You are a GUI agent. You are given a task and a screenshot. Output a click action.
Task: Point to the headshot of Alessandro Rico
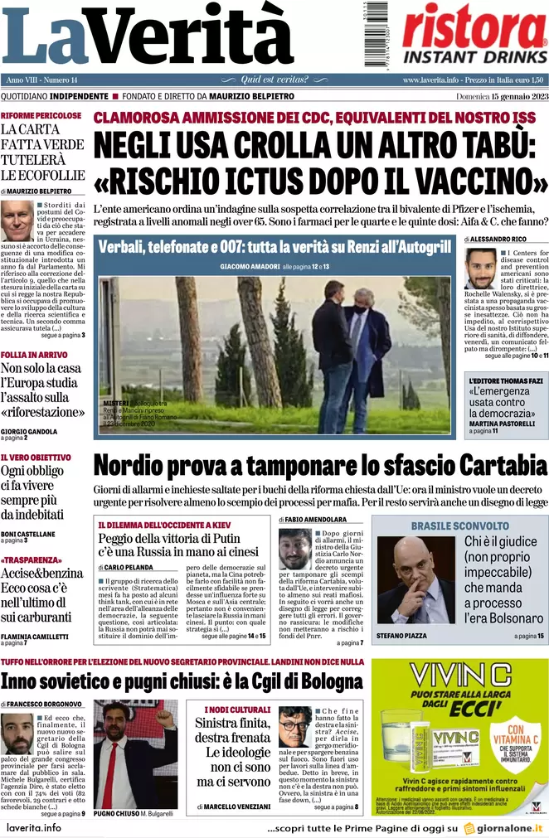point(479,269)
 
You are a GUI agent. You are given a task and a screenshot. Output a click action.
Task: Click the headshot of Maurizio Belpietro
point(17,220)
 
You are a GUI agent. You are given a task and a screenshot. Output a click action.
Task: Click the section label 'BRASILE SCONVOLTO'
point(459,526)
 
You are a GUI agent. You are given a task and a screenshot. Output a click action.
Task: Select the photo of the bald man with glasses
point(415,579)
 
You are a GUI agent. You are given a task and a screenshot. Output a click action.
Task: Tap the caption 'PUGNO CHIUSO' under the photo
point(118,813)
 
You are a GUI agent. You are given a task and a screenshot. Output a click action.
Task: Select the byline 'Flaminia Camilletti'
point(36,635)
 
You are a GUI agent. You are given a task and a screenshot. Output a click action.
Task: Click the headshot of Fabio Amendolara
point(295,549)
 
